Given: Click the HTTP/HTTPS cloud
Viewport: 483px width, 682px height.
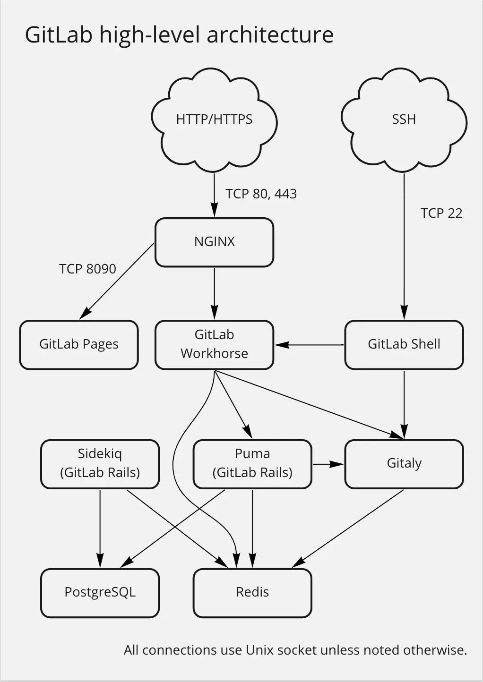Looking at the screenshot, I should pyautogui.click(x=214, y=119).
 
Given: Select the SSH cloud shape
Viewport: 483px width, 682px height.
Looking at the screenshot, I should pyautogui.click(x=404, y=119).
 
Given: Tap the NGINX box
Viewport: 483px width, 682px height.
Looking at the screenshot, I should pyautogui.click(x=214, y=242).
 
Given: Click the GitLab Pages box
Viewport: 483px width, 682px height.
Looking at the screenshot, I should pyautogui.click(x=79, y=344).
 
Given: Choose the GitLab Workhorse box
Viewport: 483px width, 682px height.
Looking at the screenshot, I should pyautogui.click(x=214, y=344).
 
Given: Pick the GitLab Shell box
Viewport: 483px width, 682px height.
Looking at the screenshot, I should pyautogui.click(x=404, y=344).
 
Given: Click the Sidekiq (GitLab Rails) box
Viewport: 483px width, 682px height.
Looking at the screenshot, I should pyautogui.click(x=100, y=463).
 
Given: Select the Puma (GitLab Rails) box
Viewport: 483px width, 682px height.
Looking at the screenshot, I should pyautogui.click(x=252, y=463).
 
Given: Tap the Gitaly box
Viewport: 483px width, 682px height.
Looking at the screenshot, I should pyautogui.click(x=404, y=463).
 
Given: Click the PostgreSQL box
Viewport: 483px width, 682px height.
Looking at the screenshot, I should pyautogui.click(x=100, y=592).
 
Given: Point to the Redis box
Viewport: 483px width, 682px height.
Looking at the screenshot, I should pyautogui.click(x=252, y=592).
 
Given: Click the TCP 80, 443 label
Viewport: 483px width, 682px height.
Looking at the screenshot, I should pyautogui.click(x=261, y=194).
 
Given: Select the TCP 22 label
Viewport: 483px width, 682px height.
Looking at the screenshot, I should pyautogui.click(x=441, y=213).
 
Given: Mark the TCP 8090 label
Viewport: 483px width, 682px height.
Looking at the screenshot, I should pyautogui.click(x=87, y=269).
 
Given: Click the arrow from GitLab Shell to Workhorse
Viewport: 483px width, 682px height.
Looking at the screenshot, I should pyautogui.click(x=310, y=345).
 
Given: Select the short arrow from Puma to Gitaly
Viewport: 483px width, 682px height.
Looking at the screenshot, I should pyautogui.click(x=328, y=464).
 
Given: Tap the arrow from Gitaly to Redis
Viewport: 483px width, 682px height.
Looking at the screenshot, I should pyautogui.click(x=348, y=528).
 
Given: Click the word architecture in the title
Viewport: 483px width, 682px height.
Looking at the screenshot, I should pyautogui.click(x=270, y=35).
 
